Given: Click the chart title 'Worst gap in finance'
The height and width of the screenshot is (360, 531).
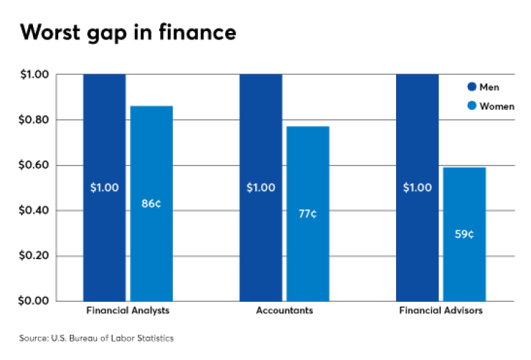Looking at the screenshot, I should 127,34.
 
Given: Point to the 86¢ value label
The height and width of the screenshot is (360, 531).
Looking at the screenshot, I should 151,204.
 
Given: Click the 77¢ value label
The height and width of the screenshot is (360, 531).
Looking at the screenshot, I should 307,214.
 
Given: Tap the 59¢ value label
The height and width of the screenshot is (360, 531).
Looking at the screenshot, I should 464,234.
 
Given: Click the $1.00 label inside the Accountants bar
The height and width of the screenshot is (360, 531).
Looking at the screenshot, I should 260,188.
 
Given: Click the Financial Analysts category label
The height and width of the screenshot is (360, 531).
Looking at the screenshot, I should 127,311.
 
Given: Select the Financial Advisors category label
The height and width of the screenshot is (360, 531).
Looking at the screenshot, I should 441,311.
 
